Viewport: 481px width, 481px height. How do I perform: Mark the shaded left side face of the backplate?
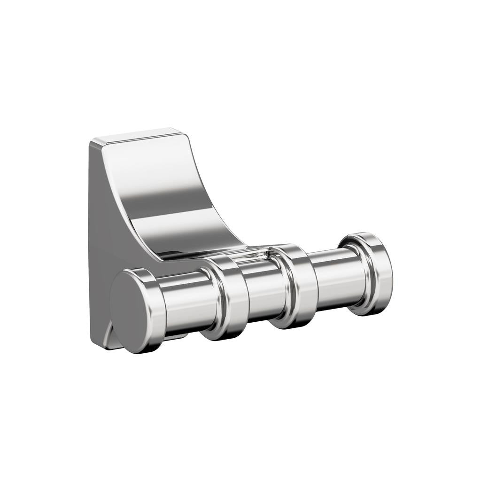click(99, 235)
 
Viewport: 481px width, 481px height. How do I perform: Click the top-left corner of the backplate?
click(92, 141)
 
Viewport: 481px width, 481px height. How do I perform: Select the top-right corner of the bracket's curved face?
click(186, 136)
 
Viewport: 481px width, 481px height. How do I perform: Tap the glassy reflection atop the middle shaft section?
click(254, 256)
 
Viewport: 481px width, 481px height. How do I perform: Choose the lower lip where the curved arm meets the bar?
click(197, 254)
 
